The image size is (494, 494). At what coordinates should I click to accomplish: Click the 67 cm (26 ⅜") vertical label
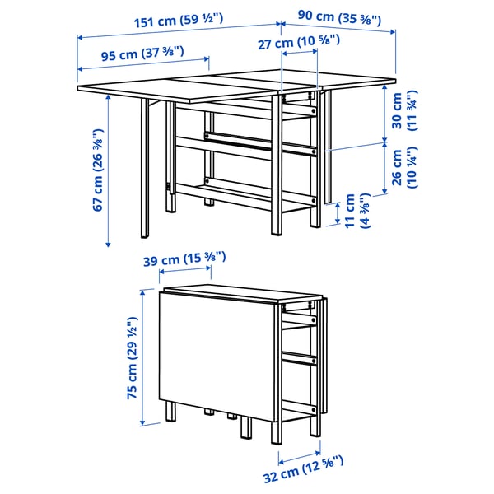pyautogui.click(x=98, y=170)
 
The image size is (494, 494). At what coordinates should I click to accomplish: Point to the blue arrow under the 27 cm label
pyautogui.click(x=300, y=54)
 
